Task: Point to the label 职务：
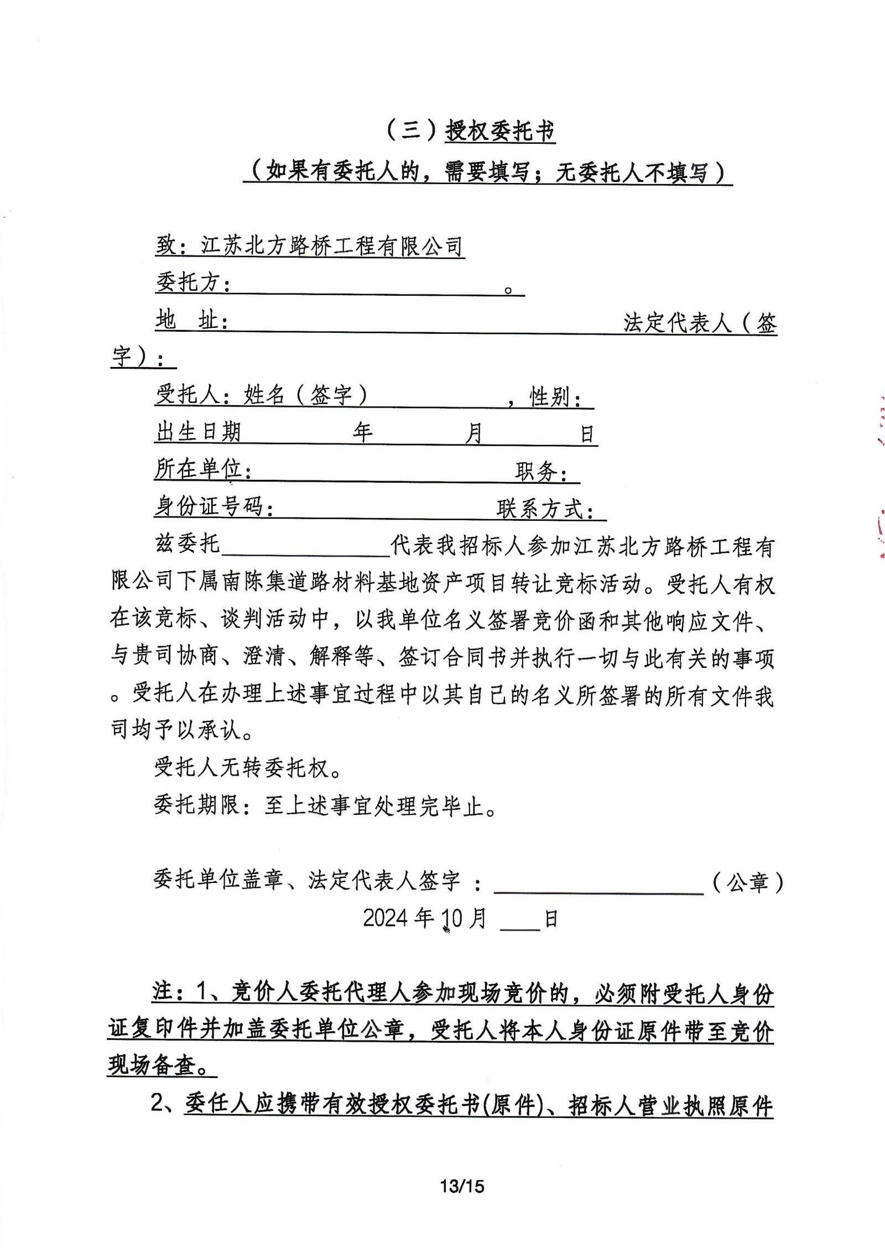coord(541,472)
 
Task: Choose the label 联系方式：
coord(545,509)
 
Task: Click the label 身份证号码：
coord(214,506)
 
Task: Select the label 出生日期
coord(198,432)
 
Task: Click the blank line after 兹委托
coord(306,547)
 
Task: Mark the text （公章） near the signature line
coord(748,882)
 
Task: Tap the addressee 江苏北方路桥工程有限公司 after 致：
coord(331,246)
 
